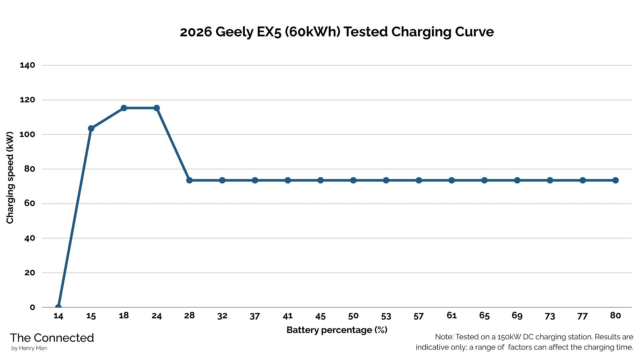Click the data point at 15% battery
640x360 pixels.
coord(91,128)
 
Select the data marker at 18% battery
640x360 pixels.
coord(124,108)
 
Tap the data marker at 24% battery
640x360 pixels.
coord(157,108)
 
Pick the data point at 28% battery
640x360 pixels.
coord(189,180)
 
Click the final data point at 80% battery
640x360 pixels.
coord(615,180)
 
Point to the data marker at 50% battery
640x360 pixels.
coord(353,180)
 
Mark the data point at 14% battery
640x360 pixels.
coord(58,307)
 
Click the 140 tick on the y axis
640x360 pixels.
coord(27,65)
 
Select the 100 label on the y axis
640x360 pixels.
coord(27,134)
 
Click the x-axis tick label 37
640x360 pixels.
coord(255,316)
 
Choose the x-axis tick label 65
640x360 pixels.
coord(484,316)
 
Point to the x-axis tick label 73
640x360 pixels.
coord(550,316)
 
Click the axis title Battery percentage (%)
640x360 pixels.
coord(337,330)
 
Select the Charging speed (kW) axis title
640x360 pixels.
coord(10,178)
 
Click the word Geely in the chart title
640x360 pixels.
coord(234,32)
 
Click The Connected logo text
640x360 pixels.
coord(52,338)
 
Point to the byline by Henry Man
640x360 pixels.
coord(29,348)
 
